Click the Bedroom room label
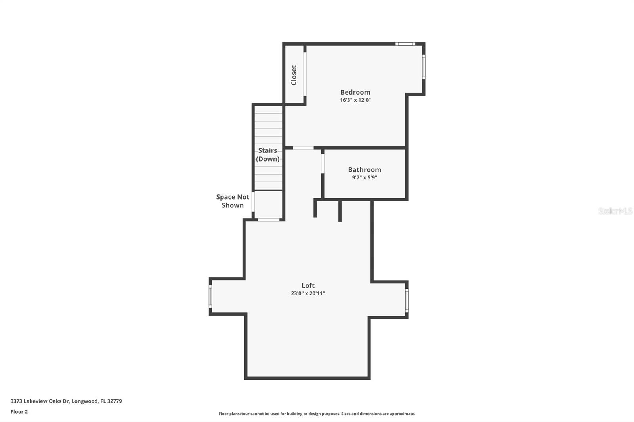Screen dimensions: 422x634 coord(355,92)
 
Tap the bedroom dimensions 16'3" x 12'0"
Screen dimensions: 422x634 coord(355,100)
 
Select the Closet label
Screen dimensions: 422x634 coord(294,75)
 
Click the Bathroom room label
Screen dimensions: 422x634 coord(365,170)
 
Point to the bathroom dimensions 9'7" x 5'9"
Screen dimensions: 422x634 coord(365,178)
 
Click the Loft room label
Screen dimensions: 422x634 coord(308,285)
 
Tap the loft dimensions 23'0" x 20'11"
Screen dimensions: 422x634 coord(308,293)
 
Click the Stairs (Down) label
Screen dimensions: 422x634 coord(267,155)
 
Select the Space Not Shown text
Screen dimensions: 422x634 coord(233,201)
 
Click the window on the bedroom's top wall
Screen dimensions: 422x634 coord(405,44)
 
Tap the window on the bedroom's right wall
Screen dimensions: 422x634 coord(423,67)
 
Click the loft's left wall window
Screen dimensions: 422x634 coord(210,296)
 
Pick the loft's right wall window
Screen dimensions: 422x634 coord(407,300)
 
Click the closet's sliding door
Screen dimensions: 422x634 coord(305,74)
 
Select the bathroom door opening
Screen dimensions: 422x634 coord(323,163)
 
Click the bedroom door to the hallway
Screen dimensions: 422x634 coord(303,148)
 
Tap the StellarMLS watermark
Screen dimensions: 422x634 coord(615,211)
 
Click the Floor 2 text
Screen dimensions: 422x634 coord(19,412)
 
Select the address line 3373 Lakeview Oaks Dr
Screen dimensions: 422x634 coord(66,401)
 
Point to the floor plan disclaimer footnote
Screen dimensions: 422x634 coord(317,414)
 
